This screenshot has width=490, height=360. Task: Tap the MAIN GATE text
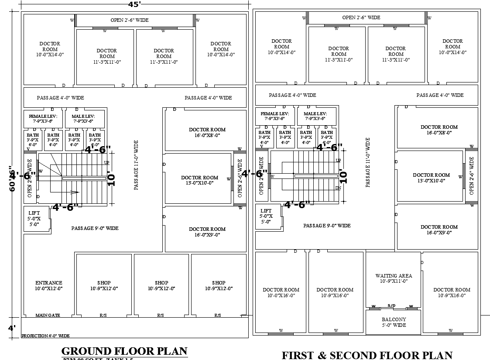tap(48, 315)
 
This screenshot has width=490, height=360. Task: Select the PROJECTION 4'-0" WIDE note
tap(45, 336)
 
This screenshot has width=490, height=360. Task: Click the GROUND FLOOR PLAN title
tap(124, 351)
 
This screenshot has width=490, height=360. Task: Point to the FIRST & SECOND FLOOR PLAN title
tap(367, 355)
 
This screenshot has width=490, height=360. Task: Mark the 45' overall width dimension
tap(134, 4)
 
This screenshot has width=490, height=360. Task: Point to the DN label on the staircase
tap(338, 188)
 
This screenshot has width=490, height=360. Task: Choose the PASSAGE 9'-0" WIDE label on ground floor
tap(95, 228)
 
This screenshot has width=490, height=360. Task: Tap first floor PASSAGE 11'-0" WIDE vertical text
tap(368, 162)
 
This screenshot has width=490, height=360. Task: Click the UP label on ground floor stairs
tap(106, 163)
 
